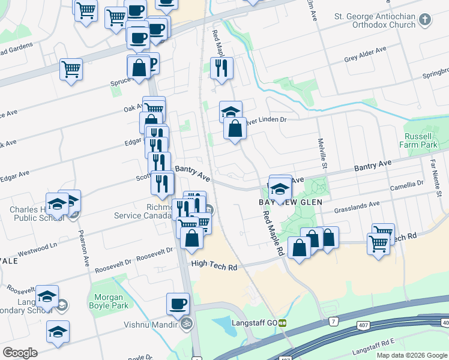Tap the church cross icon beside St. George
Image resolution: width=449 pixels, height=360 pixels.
coord(425,20)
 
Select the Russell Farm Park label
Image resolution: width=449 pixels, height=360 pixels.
coord(420,140)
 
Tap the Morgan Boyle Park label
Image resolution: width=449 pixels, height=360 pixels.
coord(109,302)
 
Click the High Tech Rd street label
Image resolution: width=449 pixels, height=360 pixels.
coord(214,264)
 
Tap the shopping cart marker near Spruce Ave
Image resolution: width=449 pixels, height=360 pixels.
coord(71,70)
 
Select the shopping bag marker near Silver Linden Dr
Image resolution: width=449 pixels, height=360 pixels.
coord(235,128)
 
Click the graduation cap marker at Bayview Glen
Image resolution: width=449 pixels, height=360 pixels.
coord(280,190)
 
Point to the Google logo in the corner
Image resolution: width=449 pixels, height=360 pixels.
coord(20,353)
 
